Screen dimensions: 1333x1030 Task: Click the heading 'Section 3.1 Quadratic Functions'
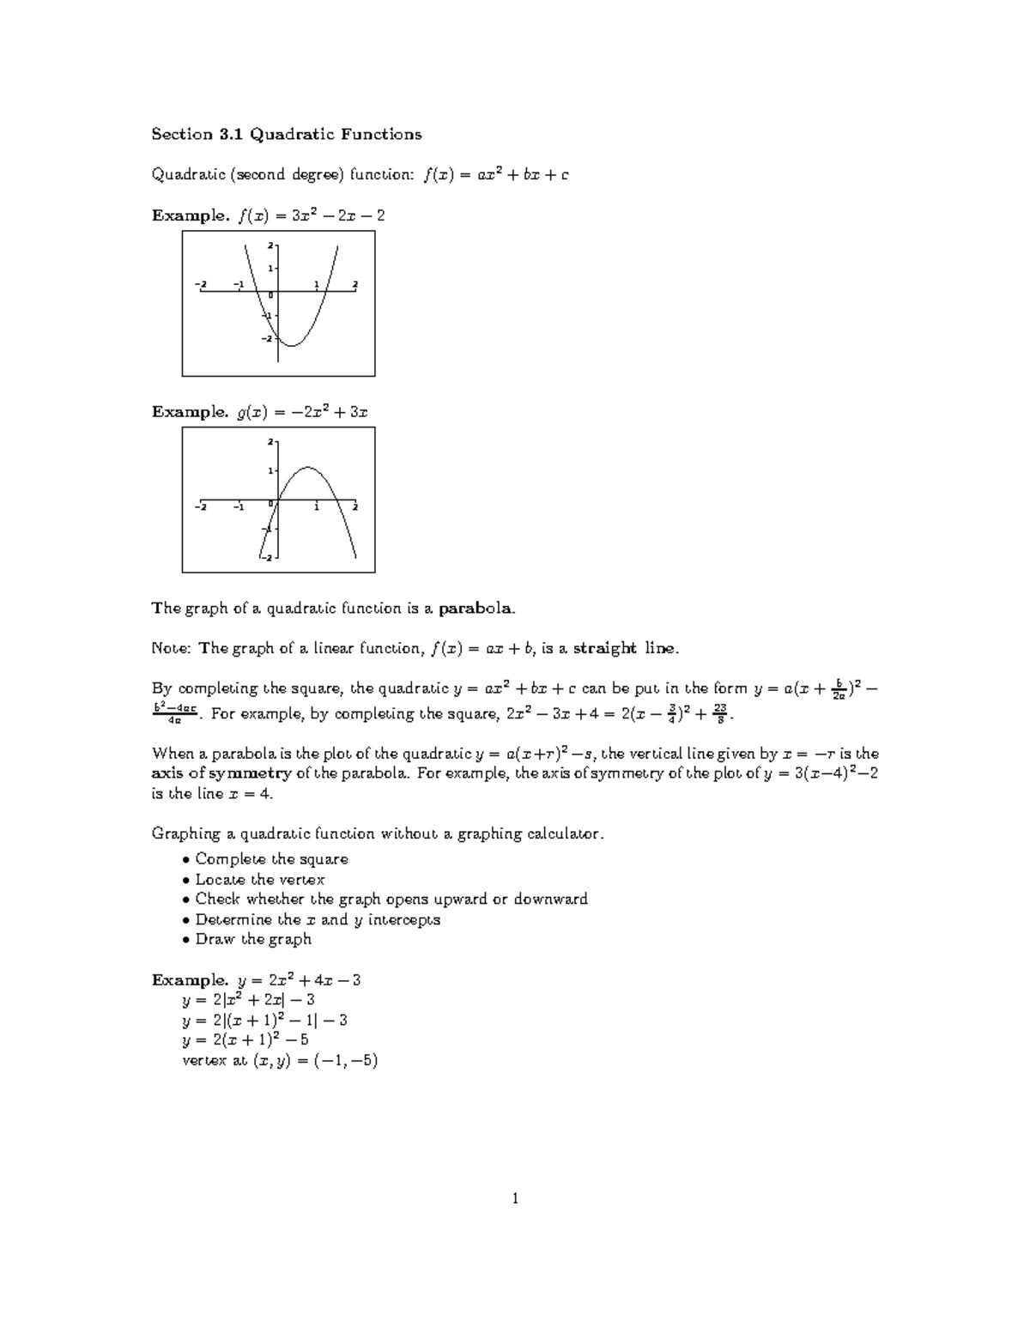287,134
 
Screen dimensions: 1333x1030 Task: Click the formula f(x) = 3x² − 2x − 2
310,215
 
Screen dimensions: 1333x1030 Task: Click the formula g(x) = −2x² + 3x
302,412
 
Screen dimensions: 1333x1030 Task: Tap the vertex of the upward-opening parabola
291,345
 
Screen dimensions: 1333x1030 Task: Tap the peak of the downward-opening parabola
307,468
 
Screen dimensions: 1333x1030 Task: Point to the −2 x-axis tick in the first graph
200,284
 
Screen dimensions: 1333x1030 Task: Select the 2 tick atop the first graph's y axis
270,245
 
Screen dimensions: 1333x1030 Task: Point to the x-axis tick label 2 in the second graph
354,507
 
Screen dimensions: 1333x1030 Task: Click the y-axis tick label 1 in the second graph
270,471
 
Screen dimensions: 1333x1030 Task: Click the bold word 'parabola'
476,609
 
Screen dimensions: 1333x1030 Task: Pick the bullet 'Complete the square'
271,859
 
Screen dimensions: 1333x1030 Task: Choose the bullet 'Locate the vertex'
259,879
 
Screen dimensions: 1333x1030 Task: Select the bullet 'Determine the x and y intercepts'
318,919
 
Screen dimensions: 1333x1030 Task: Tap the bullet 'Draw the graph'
253,939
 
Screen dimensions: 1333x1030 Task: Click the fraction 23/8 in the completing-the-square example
722,713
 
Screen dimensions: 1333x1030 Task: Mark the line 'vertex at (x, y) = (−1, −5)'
280,1060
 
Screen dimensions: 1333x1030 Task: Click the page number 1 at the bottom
515,1199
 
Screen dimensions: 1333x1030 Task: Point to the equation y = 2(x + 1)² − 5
245,1039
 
